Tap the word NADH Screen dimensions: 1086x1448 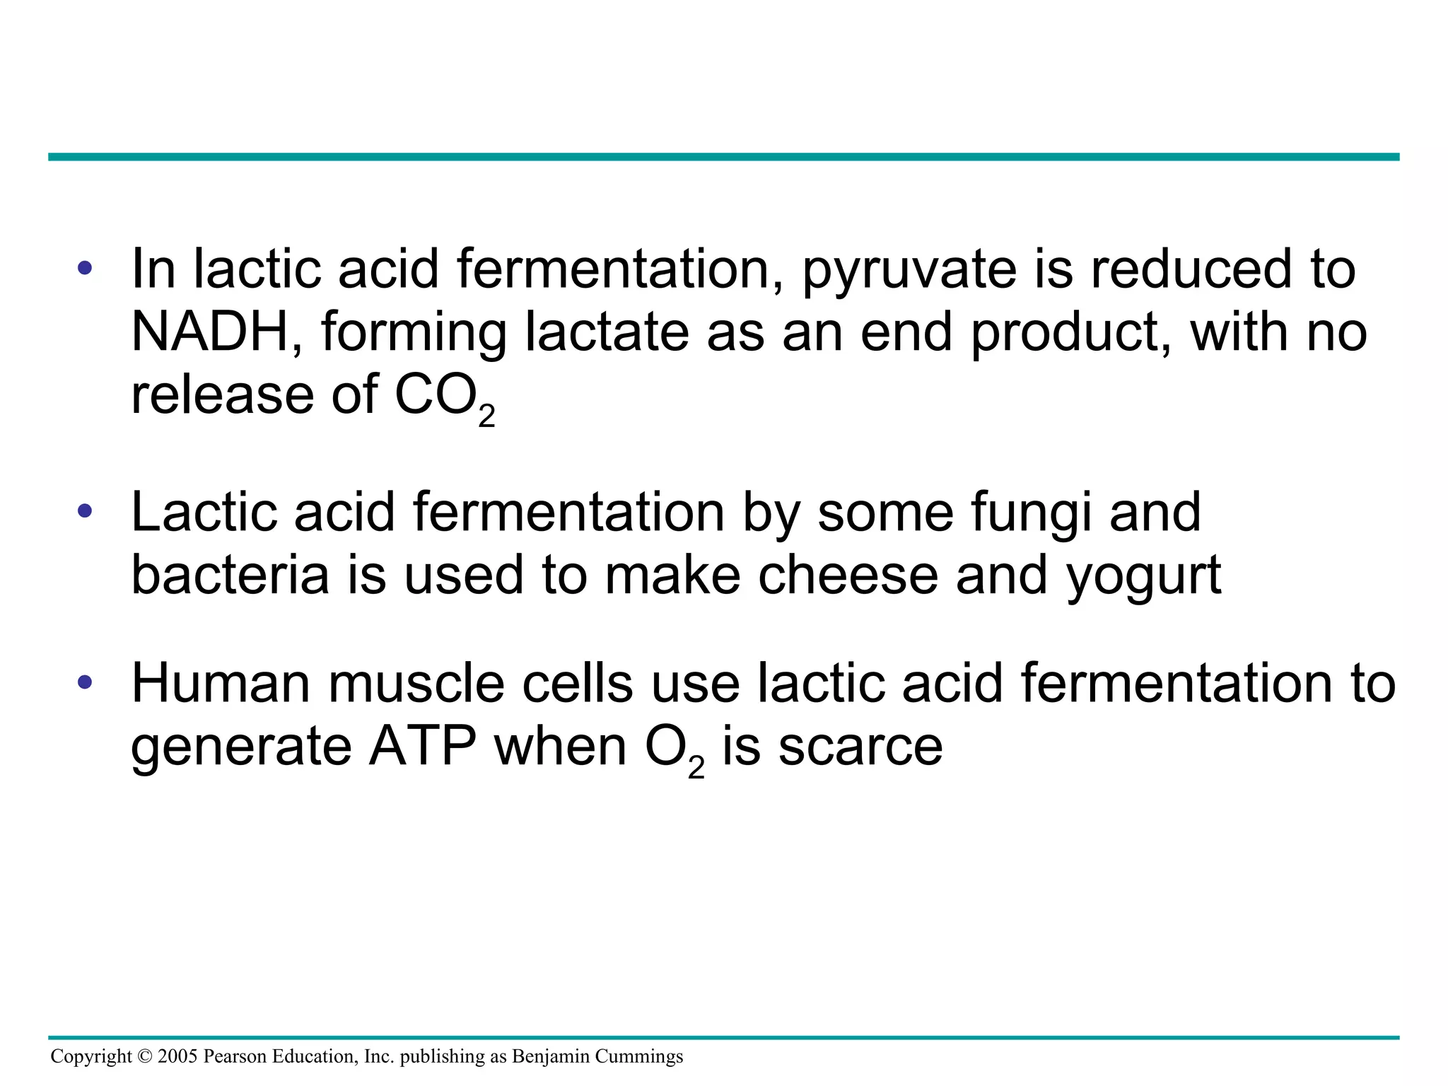pos(210,332)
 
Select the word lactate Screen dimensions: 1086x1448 pos(606,332)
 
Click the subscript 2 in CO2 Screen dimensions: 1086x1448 pos(486,416)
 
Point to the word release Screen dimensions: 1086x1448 pos(222,395)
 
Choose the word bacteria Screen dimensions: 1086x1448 pos(230,575)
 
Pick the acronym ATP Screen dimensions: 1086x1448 pos(422,747)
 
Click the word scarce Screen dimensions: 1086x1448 pos(860,748)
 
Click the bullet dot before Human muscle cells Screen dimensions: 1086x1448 pos(85,682)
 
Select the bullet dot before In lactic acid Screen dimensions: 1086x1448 pos(85,268)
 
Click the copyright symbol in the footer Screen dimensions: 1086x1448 pos(145,1056)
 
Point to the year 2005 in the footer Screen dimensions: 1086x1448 pos(177,1056)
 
